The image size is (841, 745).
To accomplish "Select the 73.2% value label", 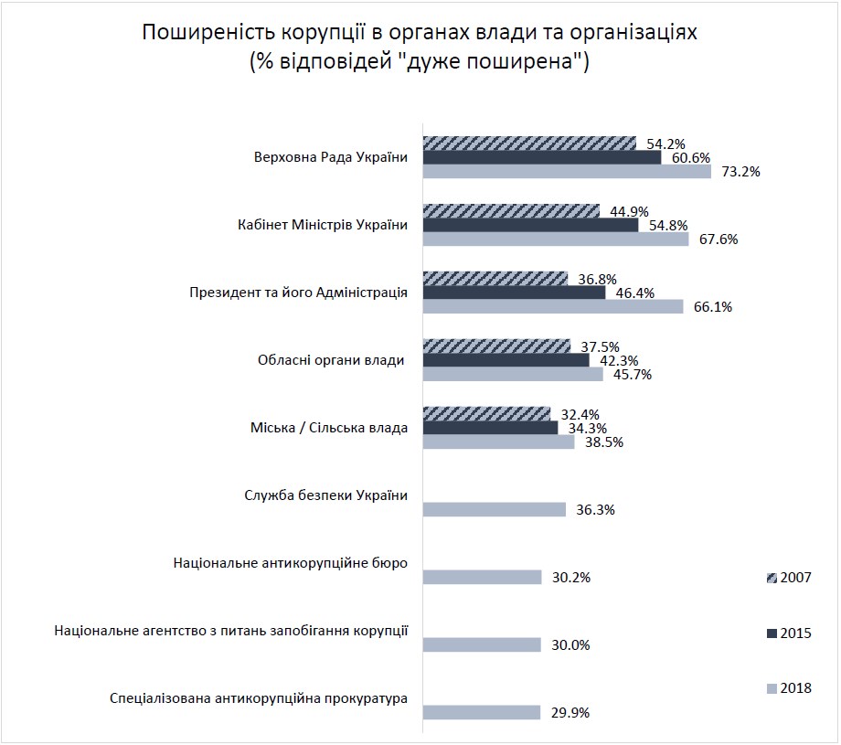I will (x=740, y=171).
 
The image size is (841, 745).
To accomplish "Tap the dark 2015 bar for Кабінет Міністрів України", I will (x=530, y=225).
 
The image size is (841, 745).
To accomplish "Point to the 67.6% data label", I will (x=718, y=239).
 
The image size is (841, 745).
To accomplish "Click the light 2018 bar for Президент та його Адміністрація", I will (x=552, y=307).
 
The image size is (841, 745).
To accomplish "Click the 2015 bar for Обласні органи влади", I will (x=506, y=360).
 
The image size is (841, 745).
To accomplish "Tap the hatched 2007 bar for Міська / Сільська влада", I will (x=486, y=413).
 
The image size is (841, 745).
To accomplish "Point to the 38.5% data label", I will (x=603, y=442).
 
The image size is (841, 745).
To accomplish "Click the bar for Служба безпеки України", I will (x=494, y=510).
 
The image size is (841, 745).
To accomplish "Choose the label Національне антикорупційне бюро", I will (x=290, y=563).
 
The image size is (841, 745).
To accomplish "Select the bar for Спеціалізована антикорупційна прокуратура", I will (x=481, y=713).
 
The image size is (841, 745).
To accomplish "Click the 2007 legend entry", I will (x=788, y=578).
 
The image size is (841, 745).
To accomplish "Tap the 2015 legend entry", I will (x=788, y=633).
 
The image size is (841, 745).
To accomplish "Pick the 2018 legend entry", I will (x=788, y=688).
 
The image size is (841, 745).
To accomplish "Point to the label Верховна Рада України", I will (x=331, y=156).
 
